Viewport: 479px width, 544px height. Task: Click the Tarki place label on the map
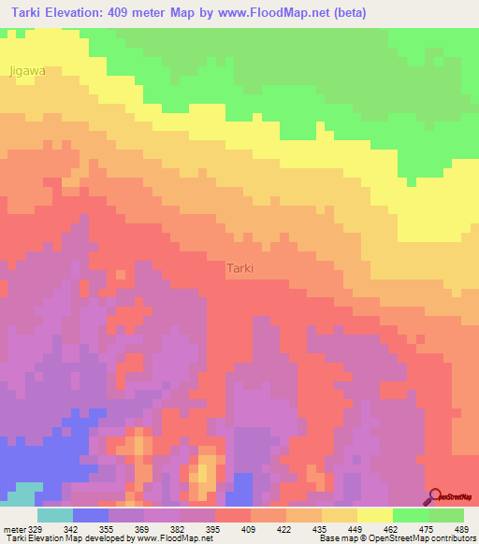(x=240, y=268)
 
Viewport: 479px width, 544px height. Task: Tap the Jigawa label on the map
(x=27, y=70)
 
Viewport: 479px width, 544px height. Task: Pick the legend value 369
(x=144, y=528)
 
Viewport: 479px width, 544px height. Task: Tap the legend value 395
(x=215, y=528)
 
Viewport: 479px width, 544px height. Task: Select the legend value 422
(x=286, y=528)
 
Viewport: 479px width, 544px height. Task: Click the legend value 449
(x=357, y=528)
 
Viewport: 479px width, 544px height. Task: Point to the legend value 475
(x=428, y=528)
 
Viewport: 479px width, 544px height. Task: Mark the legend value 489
(x=460, y=528)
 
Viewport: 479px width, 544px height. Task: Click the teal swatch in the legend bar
(x=55, y=515)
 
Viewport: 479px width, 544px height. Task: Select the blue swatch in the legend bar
(x=91, y=515)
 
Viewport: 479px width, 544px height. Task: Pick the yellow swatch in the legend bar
(x=375, y=515)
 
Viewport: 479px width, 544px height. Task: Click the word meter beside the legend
(x=15, y=528)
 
